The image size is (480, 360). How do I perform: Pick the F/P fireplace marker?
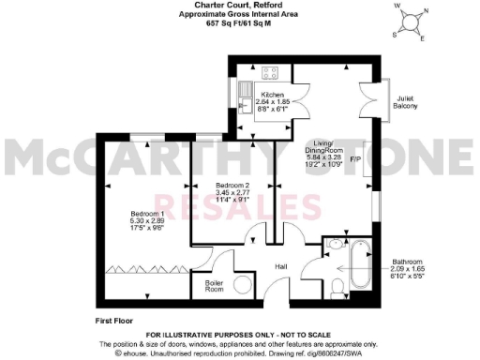click(356, 159)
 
